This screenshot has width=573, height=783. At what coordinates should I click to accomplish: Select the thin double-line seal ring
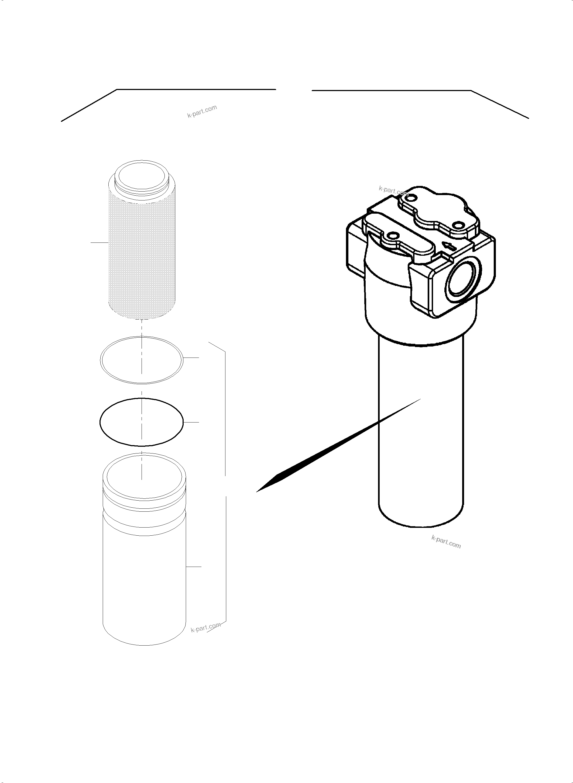pos(101,360)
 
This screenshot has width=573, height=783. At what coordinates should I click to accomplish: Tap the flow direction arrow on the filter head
pos(450,247)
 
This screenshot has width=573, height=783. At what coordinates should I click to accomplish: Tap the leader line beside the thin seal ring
pos(191,357)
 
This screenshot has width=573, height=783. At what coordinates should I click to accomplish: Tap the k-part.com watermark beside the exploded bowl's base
pos(205,627)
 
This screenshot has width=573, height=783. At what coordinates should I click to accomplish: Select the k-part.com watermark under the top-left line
pos(202,111)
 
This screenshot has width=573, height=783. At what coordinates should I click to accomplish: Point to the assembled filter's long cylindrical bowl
pos(420,433)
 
